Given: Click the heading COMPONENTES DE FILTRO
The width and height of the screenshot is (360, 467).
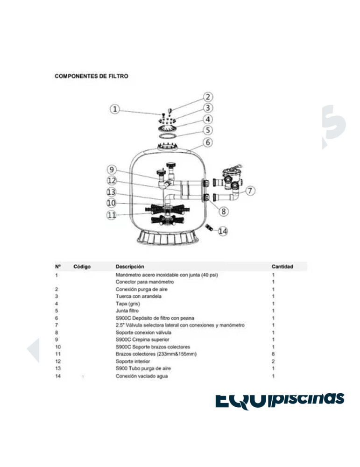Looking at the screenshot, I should (x=92, y=76).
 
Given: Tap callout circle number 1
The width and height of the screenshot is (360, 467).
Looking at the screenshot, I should (x=115, y=109).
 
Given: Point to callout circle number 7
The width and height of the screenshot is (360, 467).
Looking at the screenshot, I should (x=251, y=191).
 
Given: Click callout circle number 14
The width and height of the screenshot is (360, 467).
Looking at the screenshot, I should (x=223, y=230).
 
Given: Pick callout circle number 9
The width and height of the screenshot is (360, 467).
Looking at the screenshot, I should (x=111, y=170).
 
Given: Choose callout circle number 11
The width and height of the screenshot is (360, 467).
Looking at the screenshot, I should (x=111, y=215).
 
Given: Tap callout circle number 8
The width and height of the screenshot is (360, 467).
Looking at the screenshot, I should (x=224, y=212).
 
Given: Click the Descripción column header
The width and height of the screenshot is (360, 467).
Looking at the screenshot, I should (x=130, y=267).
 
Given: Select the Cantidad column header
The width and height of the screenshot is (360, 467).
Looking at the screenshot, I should (x=282, y=267).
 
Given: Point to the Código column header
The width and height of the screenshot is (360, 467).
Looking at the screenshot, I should (x=82, y=267).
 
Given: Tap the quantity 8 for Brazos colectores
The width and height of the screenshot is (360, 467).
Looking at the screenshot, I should (x=273, y=354).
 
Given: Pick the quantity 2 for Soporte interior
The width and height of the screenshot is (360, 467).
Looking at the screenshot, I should (x=273, y=361).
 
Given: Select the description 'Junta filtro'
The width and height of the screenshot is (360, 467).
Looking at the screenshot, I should (x=127, y=311).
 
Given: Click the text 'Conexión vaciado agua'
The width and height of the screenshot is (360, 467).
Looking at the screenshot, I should (x=142, y=376).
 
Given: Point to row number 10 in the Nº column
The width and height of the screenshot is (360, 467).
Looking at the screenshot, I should (x=58, y=347).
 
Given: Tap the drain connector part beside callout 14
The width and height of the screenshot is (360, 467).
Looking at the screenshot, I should (x=210, y=227).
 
